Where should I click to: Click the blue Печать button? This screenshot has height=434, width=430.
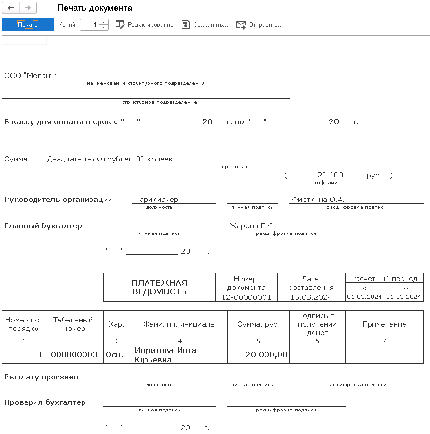tap(28, 24)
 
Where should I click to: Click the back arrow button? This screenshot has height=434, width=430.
tap(11, 8)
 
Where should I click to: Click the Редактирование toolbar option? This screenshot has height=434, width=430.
tap(144, 24)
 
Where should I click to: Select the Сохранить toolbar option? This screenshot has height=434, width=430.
tap(205, 24)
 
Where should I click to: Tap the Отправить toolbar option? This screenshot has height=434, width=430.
tap(259, 24)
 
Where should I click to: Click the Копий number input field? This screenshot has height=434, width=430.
tap(90, 24)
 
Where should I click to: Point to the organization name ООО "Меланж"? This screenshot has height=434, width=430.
tap(32, 75)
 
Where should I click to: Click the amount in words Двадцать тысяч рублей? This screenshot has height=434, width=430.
tap(110, 159)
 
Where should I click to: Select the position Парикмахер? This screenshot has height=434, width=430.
tap(156, 200)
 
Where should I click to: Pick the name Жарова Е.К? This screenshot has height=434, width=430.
tap(252, 226)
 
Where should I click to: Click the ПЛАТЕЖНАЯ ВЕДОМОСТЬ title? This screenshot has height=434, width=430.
tap(159, 287)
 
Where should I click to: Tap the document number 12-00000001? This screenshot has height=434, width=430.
tap(246, 297)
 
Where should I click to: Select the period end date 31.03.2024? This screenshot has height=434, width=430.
tap(404, 297)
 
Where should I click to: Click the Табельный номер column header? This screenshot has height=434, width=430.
tap(74, 324)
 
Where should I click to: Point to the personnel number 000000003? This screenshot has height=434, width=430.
tap(74, 354)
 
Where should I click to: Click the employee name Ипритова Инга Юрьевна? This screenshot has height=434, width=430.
tap(165, 355)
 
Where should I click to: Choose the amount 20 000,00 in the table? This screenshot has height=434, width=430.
tap(266, 354)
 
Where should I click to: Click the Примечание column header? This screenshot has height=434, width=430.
tap(384, 324)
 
